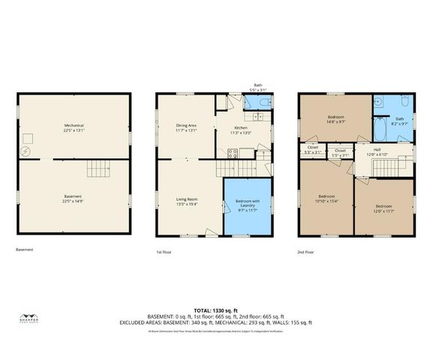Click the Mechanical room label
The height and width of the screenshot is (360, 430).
[x=74, y=125]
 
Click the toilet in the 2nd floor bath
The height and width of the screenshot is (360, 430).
[x=404, y=100]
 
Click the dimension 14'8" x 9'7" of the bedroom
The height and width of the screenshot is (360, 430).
[x=335, y=121]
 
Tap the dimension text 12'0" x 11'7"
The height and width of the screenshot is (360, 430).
[x=383, y=210]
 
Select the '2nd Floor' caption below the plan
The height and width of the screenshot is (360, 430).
[x=305, y=251]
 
